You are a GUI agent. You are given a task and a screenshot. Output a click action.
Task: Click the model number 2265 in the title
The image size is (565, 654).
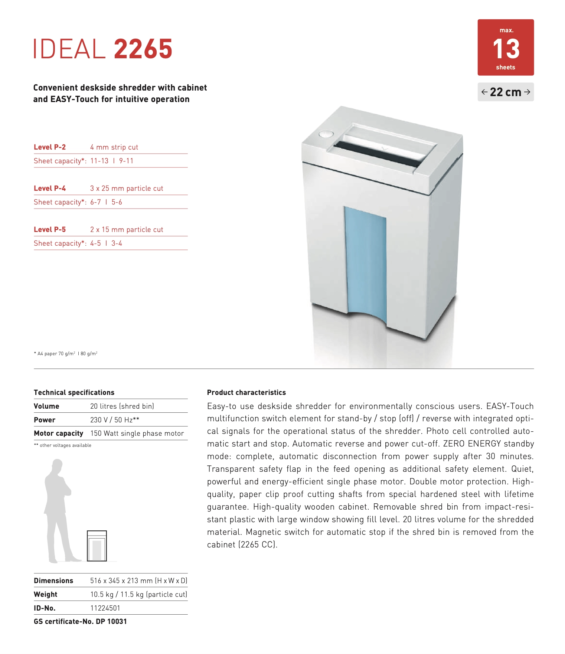143,49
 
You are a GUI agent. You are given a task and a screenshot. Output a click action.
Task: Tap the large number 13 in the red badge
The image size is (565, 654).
506,49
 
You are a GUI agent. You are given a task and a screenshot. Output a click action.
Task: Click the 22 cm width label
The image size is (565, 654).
506,92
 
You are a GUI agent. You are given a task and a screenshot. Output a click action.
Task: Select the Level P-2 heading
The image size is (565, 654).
50,147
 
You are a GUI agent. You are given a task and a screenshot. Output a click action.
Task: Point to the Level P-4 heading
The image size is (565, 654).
50,188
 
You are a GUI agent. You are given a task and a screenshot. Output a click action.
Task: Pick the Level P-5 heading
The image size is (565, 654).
50,229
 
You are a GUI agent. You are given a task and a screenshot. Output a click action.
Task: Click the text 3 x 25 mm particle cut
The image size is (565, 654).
127,188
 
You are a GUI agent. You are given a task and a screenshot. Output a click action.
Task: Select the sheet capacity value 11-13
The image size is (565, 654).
99,161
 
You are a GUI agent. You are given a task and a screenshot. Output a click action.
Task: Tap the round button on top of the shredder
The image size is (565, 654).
326,134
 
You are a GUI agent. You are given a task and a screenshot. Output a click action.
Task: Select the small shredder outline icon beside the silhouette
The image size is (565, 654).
97,546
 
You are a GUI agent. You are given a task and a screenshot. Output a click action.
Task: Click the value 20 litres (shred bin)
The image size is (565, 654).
122,406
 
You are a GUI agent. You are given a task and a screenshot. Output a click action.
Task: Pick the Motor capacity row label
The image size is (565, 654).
58,433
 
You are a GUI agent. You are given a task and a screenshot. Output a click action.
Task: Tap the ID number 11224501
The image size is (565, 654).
105,608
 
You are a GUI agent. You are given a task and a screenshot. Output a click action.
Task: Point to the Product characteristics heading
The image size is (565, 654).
246,392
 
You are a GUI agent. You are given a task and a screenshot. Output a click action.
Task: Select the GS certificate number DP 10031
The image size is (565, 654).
111,621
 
